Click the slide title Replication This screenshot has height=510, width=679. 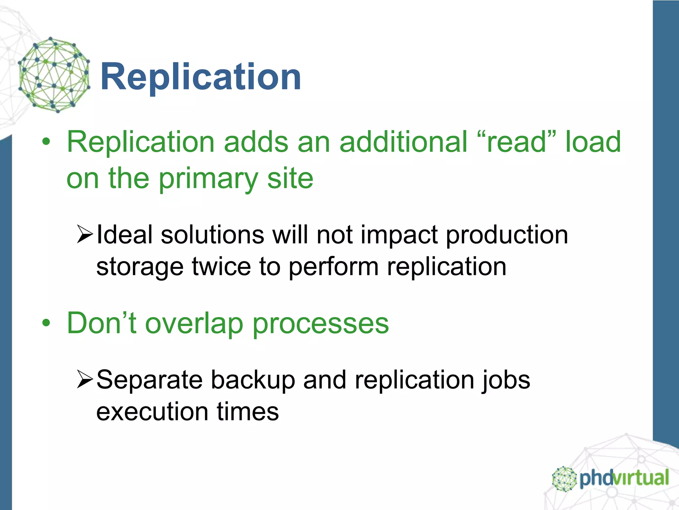click(x=200, y=77)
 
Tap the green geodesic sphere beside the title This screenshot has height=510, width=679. click(x=54, y=75)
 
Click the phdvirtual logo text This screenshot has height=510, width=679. click(x=624, y=478)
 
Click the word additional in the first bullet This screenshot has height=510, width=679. click(x=403, y=142)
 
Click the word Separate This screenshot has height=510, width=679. click(x=149, y=381)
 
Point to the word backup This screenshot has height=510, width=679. click(x=253, y=381)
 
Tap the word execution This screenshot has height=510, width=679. click(x=152, y=412)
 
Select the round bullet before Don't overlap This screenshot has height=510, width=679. click(x=46, y=323)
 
